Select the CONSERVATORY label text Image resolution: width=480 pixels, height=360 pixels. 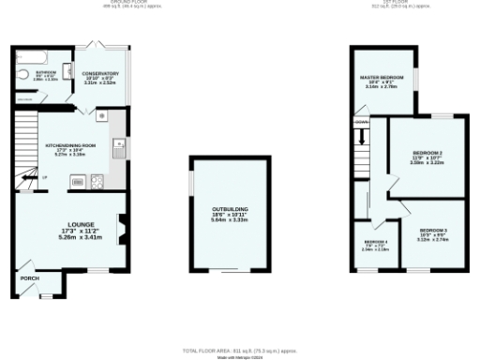98,72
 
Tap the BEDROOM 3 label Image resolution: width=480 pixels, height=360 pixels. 433,230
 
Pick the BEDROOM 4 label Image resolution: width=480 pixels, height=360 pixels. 375,242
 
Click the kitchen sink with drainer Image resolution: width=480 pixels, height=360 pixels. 118,148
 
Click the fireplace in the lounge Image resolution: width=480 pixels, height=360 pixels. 120,226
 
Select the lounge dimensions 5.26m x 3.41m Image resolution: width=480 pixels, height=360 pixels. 67,237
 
